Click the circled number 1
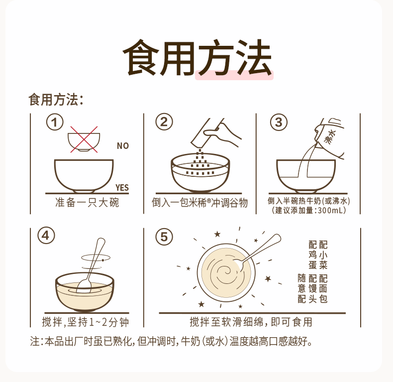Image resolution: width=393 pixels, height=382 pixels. click(55, 122)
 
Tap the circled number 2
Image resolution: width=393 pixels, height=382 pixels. click(164, 122)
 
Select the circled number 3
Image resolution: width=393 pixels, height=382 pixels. click(279, 122)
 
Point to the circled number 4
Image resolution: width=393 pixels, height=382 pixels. click(46, 236)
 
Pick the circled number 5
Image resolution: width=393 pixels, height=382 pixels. click(164, 237)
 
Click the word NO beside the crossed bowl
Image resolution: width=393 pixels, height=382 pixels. click(123, 146)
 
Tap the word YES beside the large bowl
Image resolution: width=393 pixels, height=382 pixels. click(122, 187)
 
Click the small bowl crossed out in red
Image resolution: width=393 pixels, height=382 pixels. click(84, 142)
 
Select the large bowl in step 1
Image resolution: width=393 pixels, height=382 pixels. click(84, 176)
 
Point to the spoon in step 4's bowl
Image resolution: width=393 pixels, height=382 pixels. click(90, 265)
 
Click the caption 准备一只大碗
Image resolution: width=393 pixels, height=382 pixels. click(87, 203)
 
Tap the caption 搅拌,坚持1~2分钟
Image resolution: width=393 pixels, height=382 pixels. click(86, 322)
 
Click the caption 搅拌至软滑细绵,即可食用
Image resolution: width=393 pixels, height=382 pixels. click(251, 322)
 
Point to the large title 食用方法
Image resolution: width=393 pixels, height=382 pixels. click(197, 58)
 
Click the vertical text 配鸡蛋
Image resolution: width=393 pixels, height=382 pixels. click(312, 255)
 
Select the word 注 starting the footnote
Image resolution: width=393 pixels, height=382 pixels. click(35, 342)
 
